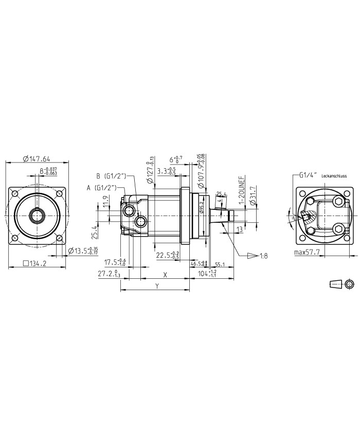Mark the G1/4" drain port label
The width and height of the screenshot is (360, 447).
pos(309,175)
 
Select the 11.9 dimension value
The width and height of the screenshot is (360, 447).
pos(105,201)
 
